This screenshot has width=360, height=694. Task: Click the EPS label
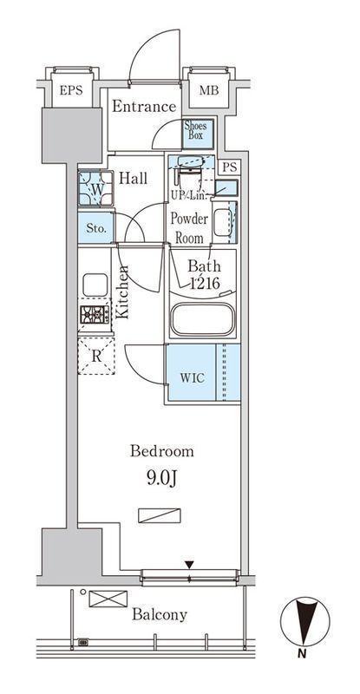71,91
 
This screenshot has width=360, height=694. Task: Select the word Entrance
144,106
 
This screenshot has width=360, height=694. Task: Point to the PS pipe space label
229,167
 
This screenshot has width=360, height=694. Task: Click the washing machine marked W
95,188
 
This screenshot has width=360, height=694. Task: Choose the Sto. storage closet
96,228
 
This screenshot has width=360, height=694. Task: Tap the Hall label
134,179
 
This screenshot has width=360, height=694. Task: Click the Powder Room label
189,228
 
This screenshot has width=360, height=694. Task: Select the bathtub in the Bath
202,319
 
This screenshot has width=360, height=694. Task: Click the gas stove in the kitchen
95,314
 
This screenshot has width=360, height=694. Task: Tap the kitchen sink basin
95,285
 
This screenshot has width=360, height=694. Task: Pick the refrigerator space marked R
96,357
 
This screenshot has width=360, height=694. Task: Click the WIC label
192,378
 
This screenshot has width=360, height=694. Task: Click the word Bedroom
161,451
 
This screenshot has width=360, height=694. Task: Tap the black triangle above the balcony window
189,565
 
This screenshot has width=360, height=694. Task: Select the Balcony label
160,615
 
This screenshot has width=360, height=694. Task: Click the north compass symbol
304,622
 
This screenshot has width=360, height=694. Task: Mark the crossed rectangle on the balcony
108,599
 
